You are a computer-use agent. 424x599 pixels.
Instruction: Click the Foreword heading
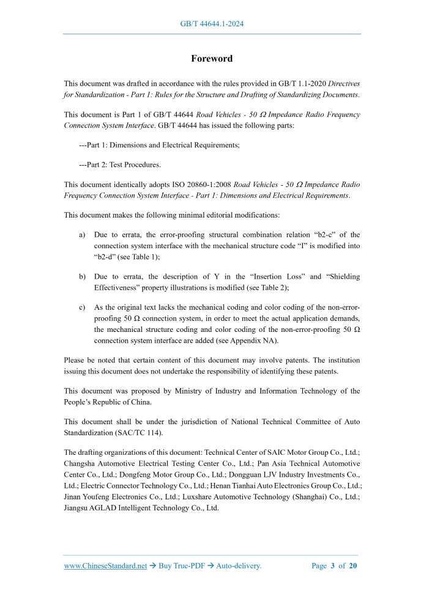tap(212, 59)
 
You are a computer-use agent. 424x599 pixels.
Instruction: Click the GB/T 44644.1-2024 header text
tap(212, 24)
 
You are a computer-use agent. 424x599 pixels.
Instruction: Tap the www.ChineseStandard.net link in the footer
tap(105, 566)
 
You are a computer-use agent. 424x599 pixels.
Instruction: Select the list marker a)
tap(82, 235)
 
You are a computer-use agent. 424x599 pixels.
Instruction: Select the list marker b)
tap(82, 276)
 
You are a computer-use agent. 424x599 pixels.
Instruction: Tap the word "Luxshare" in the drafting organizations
tap(205, 497)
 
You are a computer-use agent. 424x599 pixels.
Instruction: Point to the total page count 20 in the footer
tap(353, 566)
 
